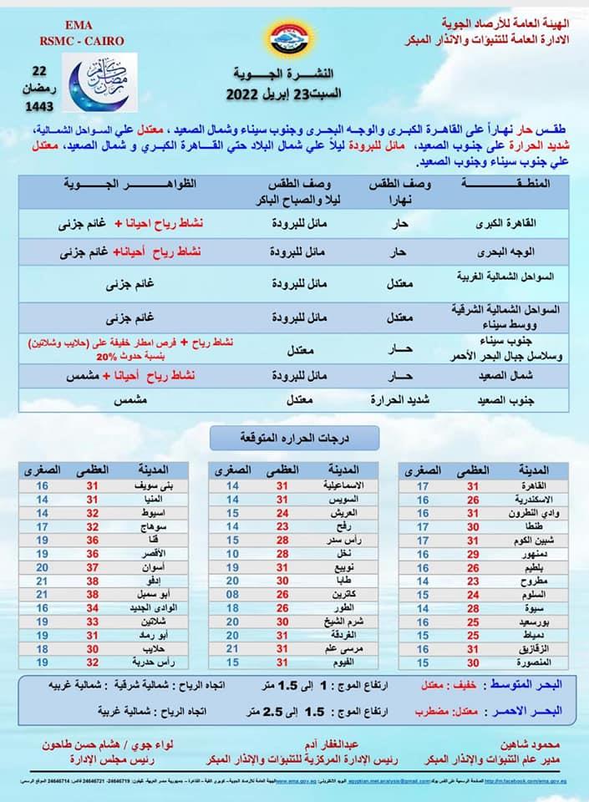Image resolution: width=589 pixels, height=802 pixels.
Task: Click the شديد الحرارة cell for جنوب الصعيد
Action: (399, 401)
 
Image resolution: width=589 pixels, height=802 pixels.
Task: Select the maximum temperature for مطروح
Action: (474, 581)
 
